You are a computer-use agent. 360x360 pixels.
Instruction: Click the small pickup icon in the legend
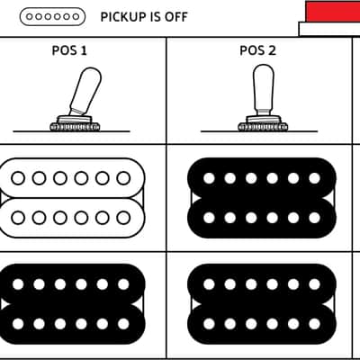(x=52, y=16)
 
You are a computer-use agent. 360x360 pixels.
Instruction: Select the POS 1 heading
(x=69, y=50)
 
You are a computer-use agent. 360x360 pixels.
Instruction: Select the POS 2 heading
(x=257, y=50)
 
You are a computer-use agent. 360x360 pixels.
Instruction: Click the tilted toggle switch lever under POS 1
(x=85, y=91)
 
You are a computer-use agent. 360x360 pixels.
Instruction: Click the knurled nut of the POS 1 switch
(x=75, y=127)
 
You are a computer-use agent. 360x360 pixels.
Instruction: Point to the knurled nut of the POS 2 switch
(x=263, y=127)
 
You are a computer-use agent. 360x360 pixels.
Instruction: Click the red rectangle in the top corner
(x=333, y=11)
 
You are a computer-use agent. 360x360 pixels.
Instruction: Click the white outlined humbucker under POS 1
(x=72, y=198)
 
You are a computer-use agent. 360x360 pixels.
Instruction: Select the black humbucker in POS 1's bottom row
(x=72, y=304)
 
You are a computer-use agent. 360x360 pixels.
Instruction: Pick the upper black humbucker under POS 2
(x=262, y=198)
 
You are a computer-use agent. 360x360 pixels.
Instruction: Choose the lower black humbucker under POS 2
(x=262, y=304)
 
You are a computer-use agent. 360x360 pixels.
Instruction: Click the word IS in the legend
(x=157, y=17)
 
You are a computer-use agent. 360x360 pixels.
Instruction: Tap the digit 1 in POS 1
(x=84, y=50)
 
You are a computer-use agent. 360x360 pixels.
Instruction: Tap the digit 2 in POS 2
(x=272, y=50)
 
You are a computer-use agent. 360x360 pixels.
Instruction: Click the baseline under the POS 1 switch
(x=71, y=131)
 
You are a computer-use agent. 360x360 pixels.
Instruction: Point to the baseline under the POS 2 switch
(x=259, y=131)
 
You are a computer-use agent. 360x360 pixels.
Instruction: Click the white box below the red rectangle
(x=329, y=29)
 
